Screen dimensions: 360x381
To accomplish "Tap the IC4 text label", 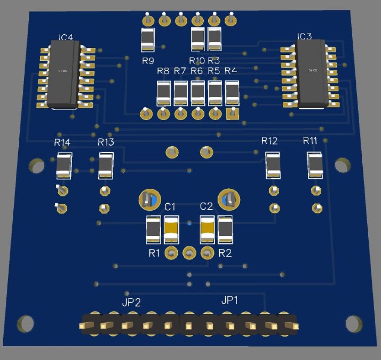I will (x=66, y=37).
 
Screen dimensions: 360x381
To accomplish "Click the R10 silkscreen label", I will (x=197, y=60).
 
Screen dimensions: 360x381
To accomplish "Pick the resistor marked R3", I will (x=214, y=39).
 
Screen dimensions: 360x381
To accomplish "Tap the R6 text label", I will (x=196, y=71).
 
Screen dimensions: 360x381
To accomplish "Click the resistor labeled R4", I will (x=232, y=93).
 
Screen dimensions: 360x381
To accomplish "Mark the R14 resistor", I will (x=63, y=166).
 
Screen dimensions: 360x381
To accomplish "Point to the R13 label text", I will (x=106, y=142).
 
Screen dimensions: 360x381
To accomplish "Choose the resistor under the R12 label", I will (x=273, y=165).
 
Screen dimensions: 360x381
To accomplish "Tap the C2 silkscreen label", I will (x=206, y=206).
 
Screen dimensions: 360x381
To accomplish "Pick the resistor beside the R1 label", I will (x=153, y=229).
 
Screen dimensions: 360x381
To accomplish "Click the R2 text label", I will (x=225, y=253).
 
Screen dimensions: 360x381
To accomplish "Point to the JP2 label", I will (x=131, y=302).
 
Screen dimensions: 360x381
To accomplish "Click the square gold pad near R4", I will (x=233, y=113).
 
